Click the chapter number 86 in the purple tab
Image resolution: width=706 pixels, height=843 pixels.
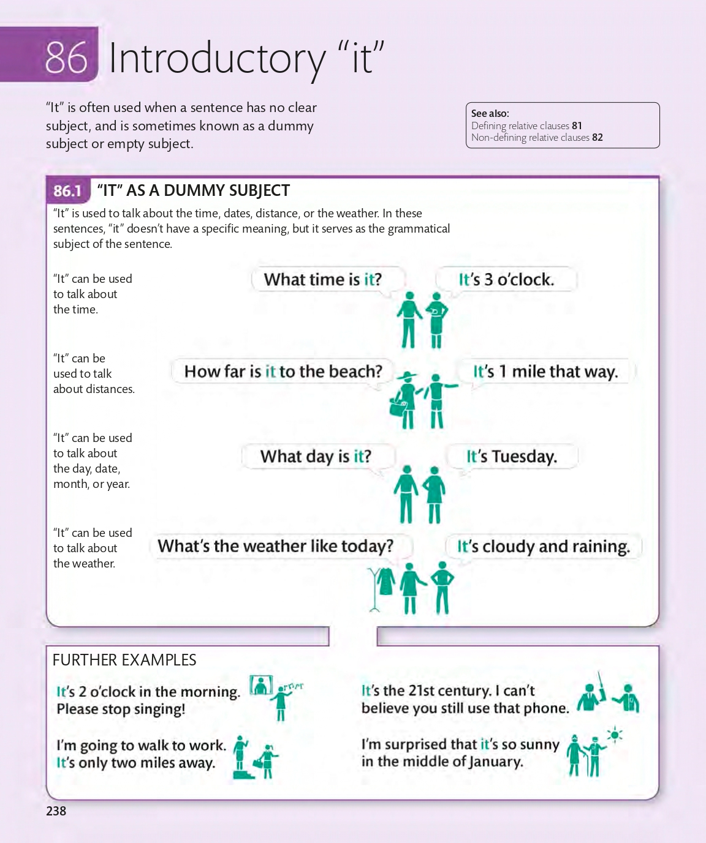(66, 58)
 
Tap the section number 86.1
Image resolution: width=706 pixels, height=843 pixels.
(67, 191)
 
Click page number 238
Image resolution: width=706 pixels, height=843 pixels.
(56, 811)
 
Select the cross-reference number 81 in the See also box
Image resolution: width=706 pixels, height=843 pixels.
(577, 126)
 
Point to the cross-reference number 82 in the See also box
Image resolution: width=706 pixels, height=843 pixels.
(597, 138)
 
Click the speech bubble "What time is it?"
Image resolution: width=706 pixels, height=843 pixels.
(322, 280)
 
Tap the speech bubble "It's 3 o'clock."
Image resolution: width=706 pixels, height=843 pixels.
(506, 280)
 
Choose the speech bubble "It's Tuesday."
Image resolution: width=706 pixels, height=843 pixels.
(511, 457)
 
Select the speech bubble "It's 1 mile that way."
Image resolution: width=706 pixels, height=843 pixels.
(545, 372)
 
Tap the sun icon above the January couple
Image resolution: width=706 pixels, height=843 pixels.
(615, 735)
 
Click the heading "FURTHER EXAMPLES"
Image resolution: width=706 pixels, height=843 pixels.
(124, 660)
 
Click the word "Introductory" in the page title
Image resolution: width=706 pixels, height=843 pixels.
(217, 59)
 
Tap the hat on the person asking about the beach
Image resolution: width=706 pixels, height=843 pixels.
(406, 375)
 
